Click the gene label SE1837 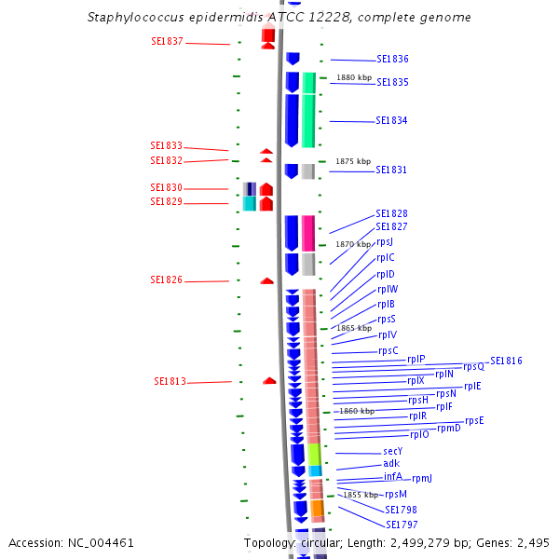pyautogui.click(x=167, y=42)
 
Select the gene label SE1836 pyautogui.click(x=392, y=59)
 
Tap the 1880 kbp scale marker pyautogui.click(x=353, y=77)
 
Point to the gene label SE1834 pyautogui.click(x=391, y=120)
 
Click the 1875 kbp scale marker pyautogui.click(x=353, y=161)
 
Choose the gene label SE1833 pyautogui.click(x=167, y=146)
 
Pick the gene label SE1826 pyautogui.click(x=167, y=279)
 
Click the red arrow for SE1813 pyautogui.click(x=269, y=380)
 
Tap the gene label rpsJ pyautogui.click(x=385, y=241)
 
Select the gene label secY pyautogui.click(x=392, y=451)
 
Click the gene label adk pyautogui.click(x=391, y=464)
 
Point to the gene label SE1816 pyautogui.click(x=506, y=361)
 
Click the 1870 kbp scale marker pyautogui.click(x=353, y=244)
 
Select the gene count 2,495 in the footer pyautogui.click(x=535, y=542)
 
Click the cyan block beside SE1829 pyautogui.click(x=249, y=203)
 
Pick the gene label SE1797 pyautogui.click(x=402, y=525)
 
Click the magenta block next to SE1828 pyautogui.click(x=308, y=233)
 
